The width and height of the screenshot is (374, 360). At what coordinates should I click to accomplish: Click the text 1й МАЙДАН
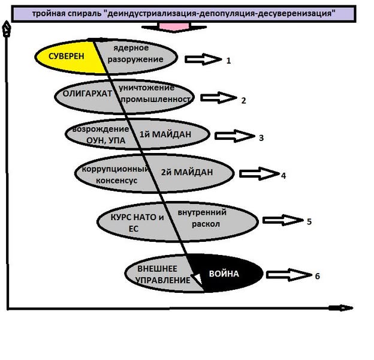[x=165, y=134]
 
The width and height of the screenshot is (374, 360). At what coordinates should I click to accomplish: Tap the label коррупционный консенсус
[x=108, y=173]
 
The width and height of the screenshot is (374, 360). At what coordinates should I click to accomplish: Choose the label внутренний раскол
[x=201, y=217]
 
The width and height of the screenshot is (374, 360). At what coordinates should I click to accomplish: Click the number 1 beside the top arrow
[x=228, y=61]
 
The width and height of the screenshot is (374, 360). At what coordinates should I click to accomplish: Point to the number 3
[x=261, y=137]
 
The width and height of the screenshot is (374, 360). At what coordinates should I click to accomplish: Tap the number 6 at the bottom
[x=317, y=276]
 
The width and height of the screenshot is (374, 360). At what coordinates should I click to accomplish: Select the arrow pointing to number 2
[x=219, y=97]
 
